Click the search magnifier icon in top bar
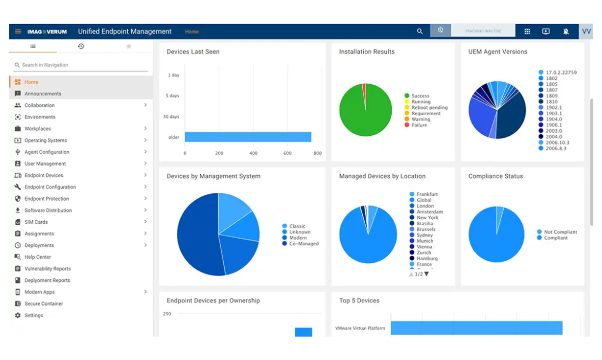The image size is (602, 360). pyautogui.click(x=420, y=31)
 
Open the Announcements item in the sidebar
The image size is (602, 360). pyautogui.click(x=43, y=94)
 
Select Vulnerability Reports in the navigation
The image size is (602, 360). pyautogui.click(x=47, y=268)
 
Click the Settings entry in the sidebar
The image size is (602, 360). pyautogui.click(x=33, y=315)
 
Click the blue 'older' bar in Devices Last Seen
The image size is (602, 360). pyautogui.click(x=247, y=137)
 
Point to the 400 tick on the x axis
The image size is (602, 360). pyautogui.click(x=253, y=153)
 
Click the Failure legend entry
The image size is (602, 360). pyautogui.click(x=419, y=125)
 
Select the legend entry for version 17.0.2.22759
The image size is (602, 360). pyautogui.click(x=561, y=73)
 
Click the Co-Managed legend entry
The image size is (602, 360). pyautogui.click(x=304, y=244)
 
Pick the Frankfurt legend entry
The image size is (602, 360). pyautogui.click(x=427, y=194)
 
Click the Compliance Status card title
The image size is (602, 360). pyautogui.click(x=495, y=176)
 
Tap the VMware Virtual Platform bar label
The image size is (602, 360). pyautogui.click(x=360, y=328)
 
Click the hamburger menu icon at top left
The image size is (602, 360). pyautogui.click(x=18, y=31)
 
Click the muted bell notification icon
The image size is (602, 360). pyautogui.click(x=566, y=31)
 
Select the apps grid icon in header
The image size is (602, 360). pyautogui.click(x=527, y=31)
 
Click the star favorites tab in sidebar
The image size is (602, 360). pyautogui.click(x=129, y=46)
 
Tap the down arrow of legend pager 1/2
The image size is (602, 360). pyautogui.click(x=427, y=274)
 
